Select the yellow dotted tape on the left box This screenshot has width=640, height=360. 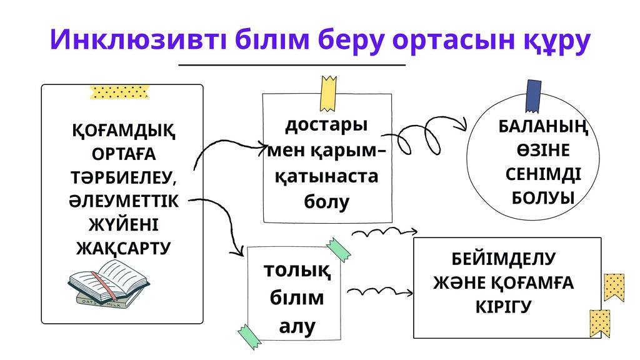click(119, 93)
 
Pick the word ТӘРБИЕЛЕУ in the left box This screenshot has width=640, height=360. click(122, 177)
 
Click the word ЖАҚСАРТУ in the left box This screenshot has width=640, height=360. click(122, 248)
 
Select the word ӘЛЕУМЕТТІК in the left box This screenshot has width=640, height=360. click(122, 201)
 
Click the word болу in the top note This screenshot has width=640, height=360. click(326, 202)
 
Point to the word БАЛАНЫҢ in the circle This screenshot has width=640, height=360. click(543, 126)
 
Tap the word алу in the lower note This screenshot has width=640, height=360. click(297, 326)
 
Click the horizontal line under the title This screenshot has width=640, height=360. click(292, 64)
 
